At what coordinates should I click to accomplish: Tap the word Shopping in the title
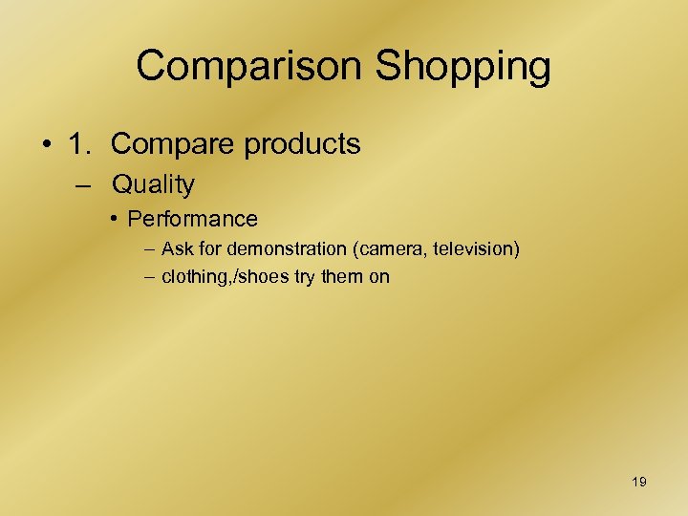pyautogui.click(x=463, y=67)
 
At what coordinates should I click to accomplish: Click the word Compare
pyautogui.click(x=171, y=144)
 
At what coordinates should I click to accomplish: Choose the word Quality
pyautogui.click(x=153, y=184)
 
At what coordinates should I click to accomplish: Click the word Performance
pyautogui.click(x=192, y=219)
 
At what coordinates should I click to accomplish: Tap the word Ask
pyautogui.click(x=177, y=249)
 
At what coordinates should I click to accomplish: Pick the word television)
pyautogui.click(x=477, y=249)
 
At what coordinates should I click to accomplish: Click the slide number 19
pyautogui.click(x=639, y=482)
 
